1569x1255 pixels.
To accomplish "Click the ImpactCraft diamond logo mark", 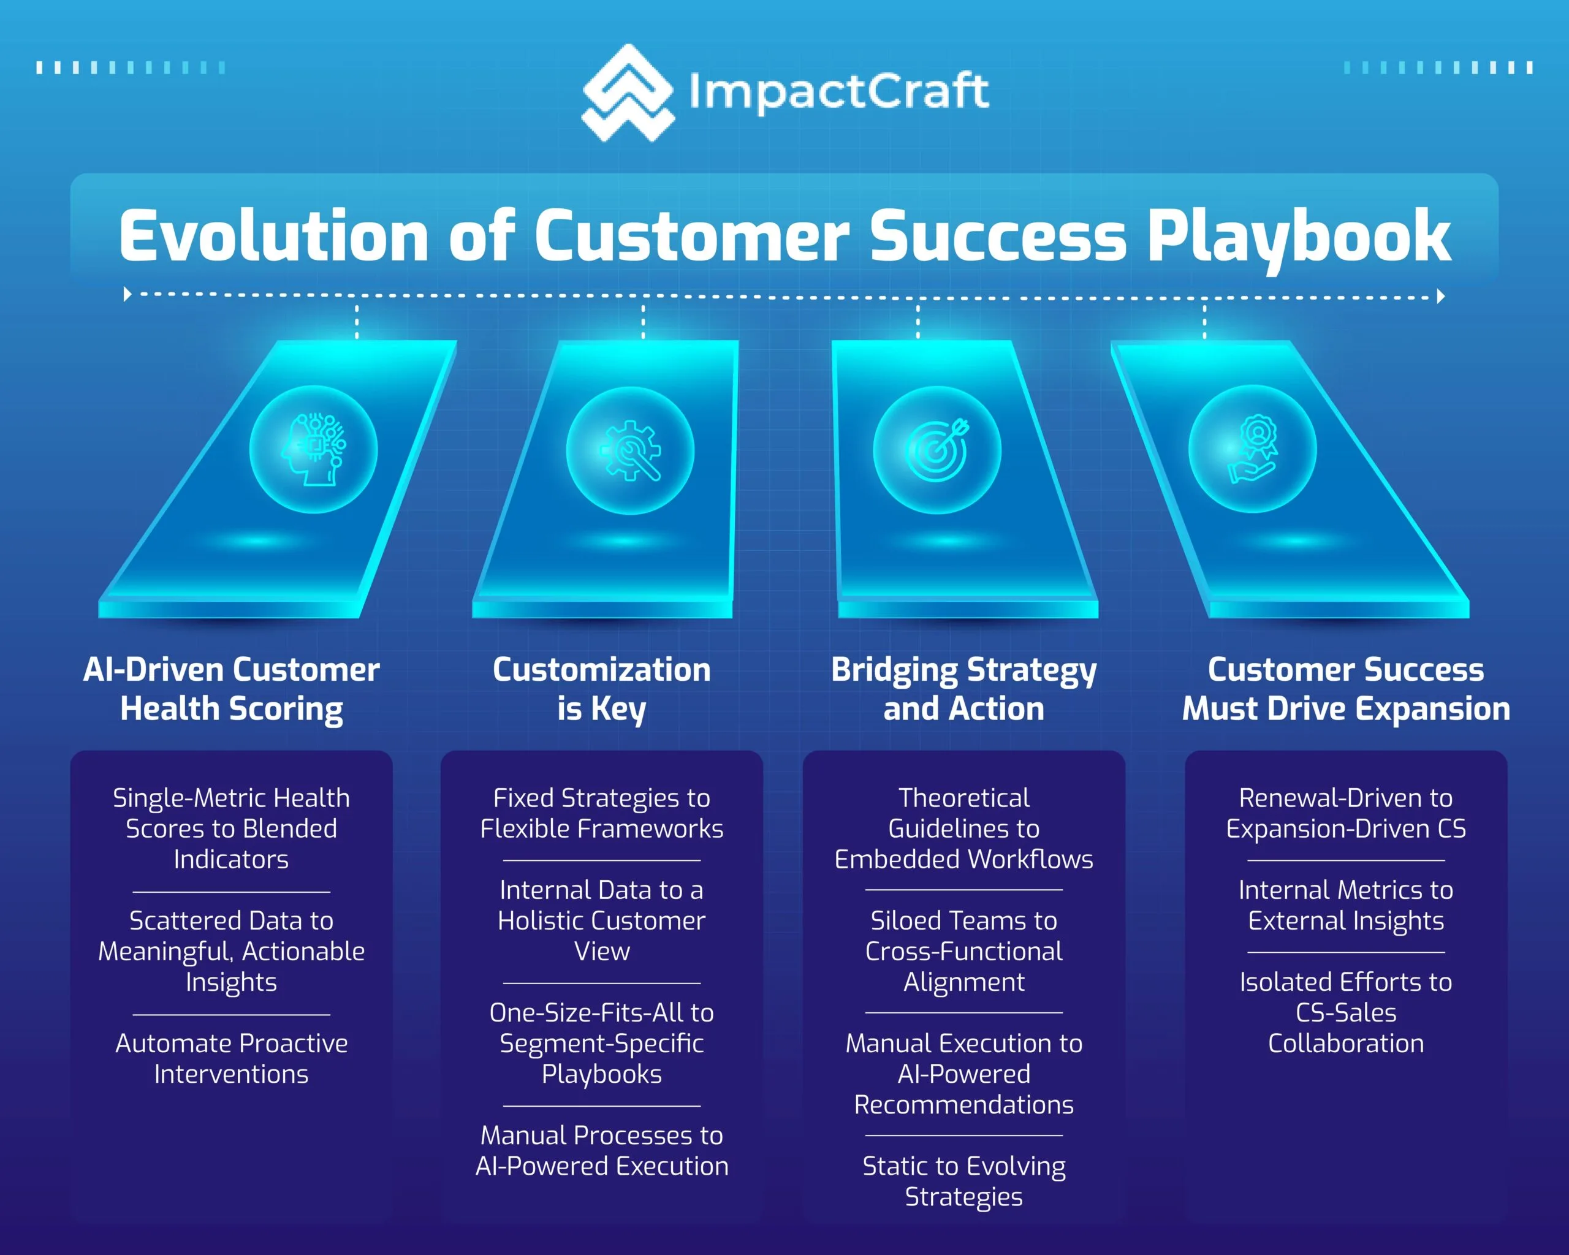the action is point(628,93).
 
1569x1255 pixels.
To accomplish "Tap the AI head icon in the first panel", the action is point(314,450).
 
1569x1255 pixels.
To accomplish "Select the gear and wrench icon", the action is point(630,450).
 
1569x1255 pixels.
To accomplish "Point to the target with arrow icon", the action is point(937,450).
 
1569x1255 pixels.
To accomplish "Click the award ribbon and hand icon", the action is point(1252,449).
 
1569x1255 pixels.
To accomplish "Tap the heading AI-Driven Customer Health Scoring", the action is point(232,689).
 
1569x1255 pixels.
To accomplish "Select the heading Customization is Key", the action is point(602,689).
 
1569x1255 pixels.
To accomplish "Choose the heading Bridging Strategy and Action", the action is point(963,689).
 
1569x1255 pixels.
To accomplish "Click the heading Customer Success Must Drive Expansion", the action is point(1345,689).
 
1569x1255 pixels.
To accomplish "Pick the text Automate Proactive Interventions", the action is point(232,1058).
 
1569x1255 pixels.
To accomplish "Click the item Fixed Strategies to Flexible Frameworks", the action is point(602,813).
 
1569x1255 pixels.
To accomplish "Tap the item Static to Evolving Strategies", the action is point(963,1181).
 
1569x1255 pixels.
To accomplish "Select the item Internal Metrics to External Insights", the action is point(1345,905).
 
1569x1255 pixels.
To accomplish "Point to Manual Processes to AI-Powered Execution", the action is point(602,1151).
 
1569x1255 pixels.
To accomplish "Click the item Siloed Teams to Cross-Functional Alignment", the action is point(963,951).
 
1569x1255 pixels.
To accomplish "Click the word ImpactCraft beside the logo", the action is point(839,93).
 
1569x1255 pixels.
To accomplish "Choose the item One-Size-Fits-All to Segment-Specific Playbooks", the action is point(602,1044).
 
